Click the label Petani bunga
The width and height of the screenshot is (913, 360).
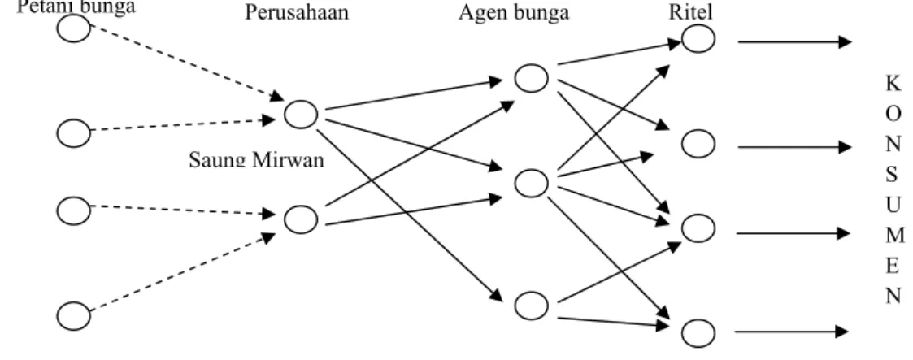(x=76, y=7)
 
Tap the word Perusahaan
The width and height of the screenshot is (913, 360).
(x=297, y=12)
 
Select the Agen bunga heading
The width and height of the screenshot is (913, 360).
(x=514, y=12)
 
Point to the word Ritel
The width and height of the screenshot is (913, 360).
(x=690, y=12)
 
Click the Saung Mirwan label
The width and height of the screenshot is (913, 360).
(x=256, y=159)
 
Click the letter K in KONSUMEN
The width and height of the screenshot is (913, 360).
(x=893, y=84)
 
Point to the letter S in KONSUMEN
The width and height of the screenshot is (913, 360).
(x=893, y=174)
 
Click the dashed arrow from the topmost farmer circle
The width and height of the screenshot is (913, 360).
(x=186, y=63)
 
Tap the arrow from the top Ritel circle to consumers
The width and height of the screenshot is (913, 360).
(x=795, y=42)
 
